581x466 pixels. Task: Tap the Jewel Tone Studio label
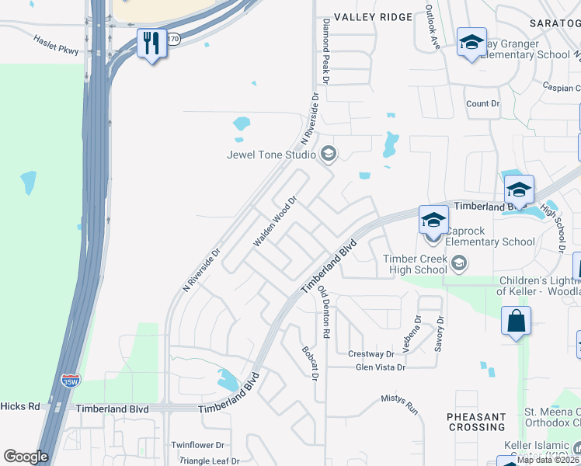click(271, 155)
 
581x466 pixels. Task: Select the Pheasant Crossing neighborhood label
click(477, 422)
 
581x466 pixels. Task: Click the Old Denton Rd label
click(325, 311)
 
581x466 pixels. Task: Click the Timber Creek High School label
click(415, 264)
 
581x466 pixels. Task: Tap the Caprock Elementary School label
click(489, 236)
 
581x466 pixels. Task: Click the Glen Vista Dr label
click(381, 367)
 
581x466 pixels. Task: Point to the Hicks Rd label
click(20, 406)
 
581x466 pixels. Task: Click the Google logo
click(26, 457)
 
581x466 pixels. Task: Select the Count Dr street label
click(482, 103)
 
